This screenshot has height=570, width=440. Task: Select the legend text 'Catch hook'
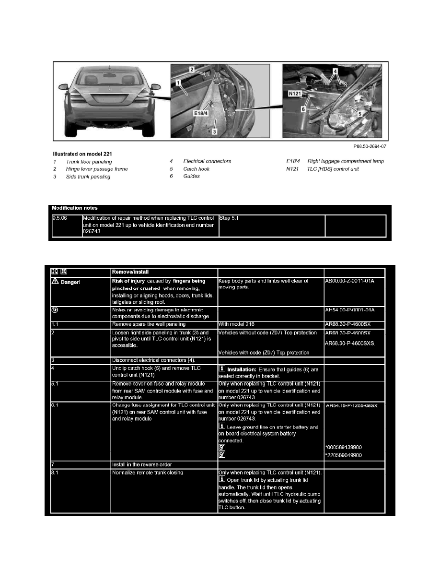[x=197, y=169]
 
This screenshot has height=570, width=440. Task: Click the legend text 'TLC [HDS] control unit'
[x=333, y=169]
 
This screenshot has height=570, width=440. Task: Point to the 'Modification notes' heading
[x=75, y=208]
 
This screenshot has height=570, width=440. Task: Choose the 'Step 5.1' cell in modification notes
[x=229, y=218]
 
